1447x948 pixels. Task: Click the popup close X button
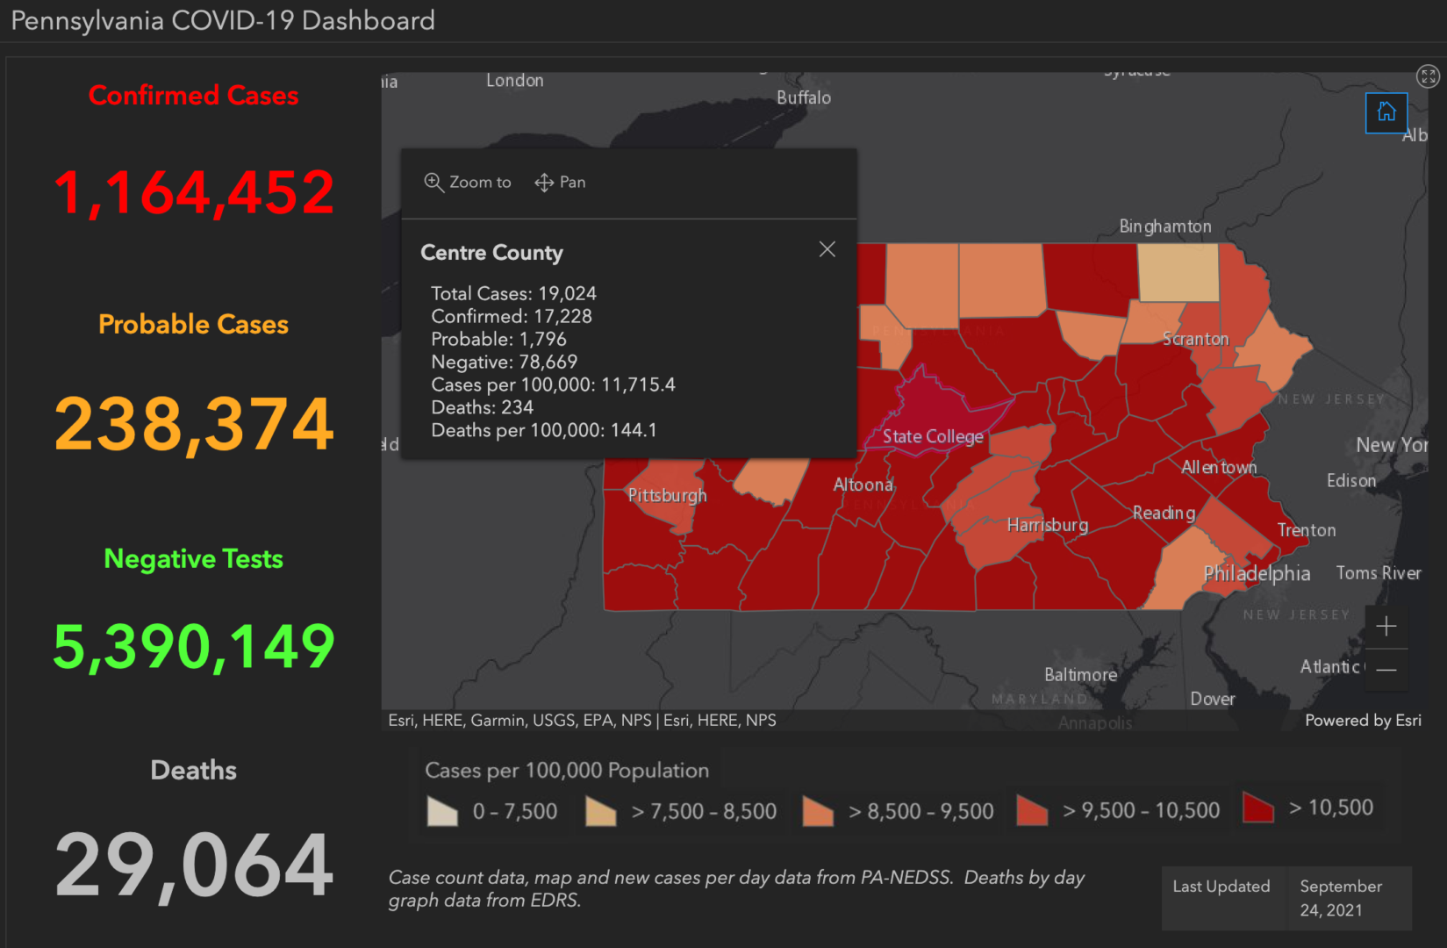[827, 249]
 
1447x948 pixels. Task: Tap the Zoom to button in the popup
[468, 182]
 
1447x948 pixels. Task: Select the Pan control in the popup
[560, 182]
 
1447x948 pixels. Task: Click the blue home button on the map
[1386, 112]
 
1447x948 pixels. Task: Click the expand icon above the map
[1428, 76]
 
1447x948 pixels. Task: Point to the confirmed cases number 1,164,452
[194, 192]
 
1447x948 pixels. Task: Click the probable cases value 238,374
[194, 424]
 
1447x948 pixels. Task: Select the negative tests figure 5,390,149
[194, 647]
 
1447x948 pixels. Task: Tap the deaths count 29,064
[194, 866]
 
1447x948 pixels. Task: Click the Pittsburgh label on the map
[667, 495]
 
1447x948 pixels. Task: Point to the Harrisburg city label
[1047, 525]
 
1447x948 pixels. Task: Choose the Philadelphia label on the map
[1257, 574]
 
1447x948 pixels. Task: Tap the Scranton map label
[1195, 339]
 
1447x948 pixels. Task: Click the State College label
[932, 436]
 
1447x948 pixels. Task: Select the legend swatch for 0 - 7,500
[442, 811]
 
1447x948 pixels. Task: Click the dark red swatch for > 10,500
[1257, 808]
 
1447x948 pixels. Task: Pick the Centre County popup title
[491, 253]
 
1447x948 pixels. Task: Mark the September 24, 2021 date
[1340, 898]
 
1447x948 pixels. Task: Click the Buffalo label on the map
[803, 97]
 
